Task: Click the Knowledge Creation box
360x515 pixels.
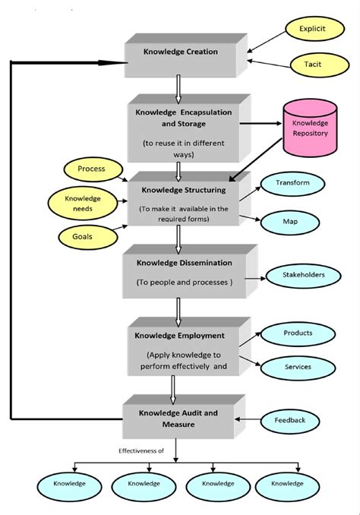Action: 181,53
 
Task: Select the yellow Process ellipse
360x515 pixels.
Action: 91,169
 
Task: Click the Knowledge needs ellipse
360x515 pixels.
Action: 83,203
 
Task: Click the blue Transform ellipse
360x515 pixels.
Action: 292,183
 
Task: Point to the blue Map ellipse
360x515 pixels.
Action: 290,222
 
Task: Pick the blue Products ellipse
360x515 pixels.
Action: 297,333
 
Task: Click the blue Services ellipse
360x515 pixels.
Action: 297,367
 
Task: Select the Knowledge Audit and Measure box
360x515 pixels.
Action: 179,418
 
